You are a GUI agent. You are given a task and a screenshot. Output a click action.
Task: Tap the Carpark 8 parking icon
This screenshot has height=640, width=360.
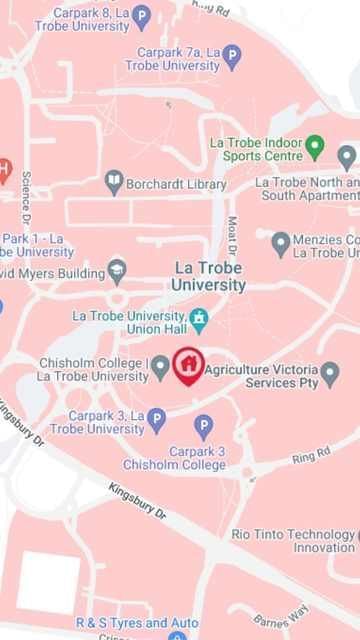[x=141, y=16]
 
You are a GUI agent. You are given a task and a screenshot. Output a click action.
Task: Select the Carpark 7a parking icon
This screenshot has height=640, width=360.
[x=232, y=57]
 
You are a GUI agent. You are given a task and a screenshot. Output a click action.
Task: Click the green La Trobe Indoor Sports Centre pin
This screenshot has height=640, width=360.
[x=315, y=148]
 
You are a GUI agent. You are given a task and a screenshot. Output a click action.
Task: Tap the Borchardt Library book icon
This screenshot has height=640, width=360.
[x=114, y=183]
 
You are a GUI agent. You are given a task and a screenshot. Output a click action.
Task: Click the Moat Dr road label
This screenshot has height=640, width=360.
[x=232, y=234]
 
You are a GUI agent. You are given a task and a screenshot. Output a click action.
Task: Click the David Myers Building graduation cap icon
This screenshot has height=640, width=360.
[x=117, y=271]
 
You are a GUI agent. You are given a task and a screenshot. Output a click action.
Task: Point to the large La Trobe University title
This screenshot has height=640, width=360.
[x=209, y=276]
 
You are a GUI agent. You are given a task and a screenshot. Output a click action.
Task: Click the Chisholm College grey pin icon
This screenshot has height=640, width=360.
[x=160, y=368]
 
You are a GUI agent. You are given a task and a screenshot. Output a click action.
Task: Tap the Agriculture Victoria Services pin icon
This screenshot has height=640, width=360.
[x=330, y=374]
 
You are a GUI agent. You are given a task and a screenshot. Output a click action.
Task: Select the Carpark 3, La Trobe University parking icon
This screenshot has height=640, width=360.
[x=156, y=421]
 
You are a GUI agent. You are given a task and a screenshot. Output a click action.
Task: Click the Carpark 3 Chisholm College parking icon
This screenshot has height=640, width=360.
[x=204, y=428]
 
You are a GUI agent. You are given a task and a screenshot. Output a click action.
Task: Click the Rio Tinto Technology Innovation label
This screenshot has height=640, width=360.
[x=294, y=541]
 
